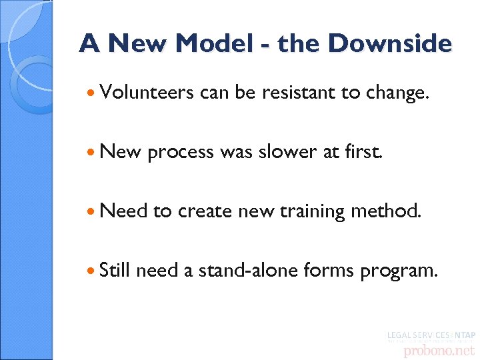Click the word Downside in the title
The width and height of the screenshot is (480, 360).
(390, 44)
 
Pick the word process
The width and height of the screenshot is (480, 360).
(179, 153)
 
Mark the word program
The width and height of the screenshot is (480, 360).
(399, 271)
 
